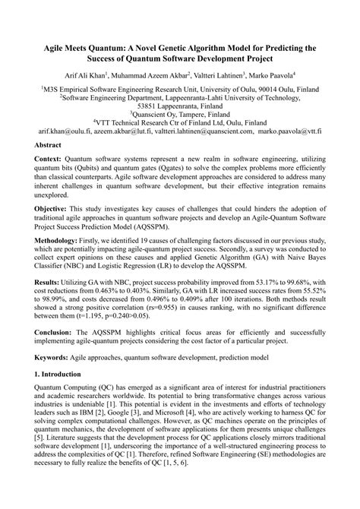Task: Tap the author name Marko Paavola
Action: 272,75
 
